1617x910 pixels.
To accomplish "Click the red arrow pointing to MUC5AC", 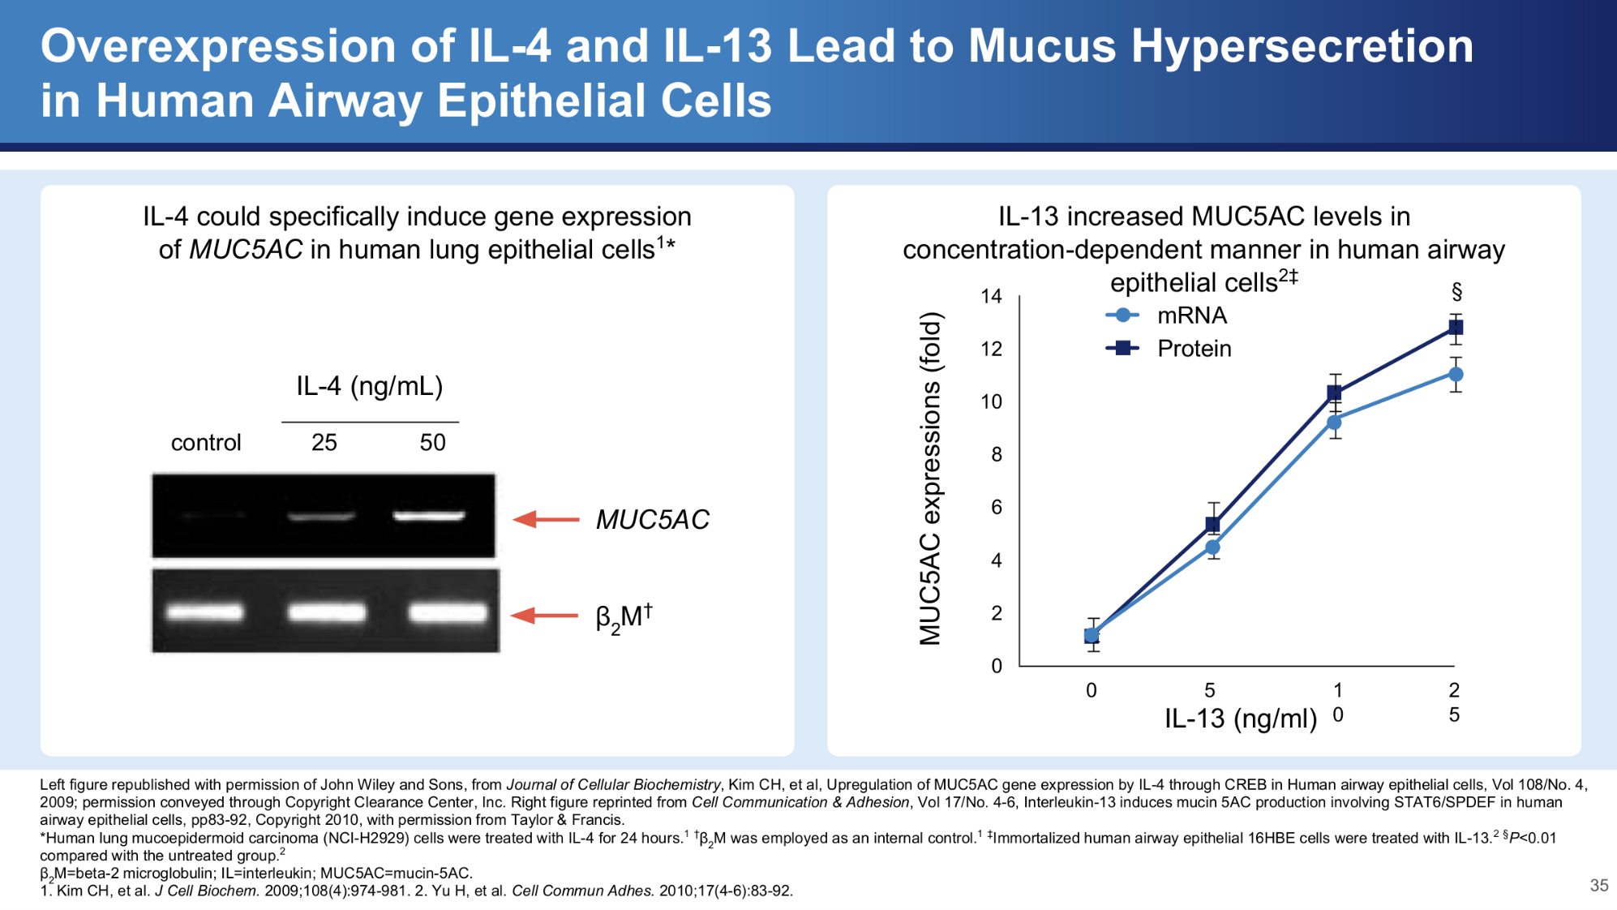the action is coord(547,519).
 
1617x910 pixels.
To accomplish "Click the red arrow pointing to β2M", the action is coord(545,616).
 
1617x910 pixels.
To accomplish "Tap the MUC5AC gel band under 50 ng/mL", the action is coord(429,515).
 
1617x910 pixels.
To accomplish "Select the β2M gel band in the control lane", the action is coord(205,612).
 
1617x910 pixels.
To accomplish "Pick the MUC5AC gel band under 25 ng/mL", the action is coord(322,517).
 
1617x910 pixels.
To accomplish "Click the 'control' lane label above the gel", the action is coord(206,442).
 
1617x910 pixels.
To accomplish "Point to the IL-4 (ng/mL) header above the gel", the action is coord(370,386).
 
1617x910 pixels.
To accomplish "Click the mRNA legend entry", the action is coord(1167,315).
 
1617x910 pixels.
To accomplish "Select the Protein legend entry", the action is coord(1169,349).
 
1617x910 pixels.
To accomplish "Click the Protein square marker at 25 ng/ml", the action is coord(1456,328).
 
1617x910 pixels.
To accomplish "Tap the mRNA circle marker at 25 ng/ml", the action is coord(1456,374).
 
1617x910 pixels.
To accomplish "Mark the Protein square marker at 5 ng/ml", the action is coord(1213,524).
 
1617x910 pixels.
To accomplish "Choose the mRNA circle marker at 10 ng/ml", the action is coord(1334,422).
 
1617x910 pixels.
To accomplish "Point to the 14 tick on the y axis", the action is coord(991,296).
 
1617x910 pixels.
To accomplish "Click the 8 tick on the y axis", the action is coord(996,454).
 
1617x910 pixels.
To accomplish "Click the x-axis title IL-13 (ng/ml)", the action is coord(1241,719).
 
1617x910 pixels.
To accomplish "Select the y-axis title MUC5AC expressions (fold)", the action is coord(931,479).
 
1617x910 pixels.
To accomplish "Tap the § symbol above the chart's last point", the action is coord(1456,292).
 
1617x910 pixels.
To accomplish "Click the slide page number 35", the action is coord(1598,885).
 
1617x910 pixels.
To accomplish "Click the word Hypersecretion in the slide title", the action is coord(1302,45).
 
